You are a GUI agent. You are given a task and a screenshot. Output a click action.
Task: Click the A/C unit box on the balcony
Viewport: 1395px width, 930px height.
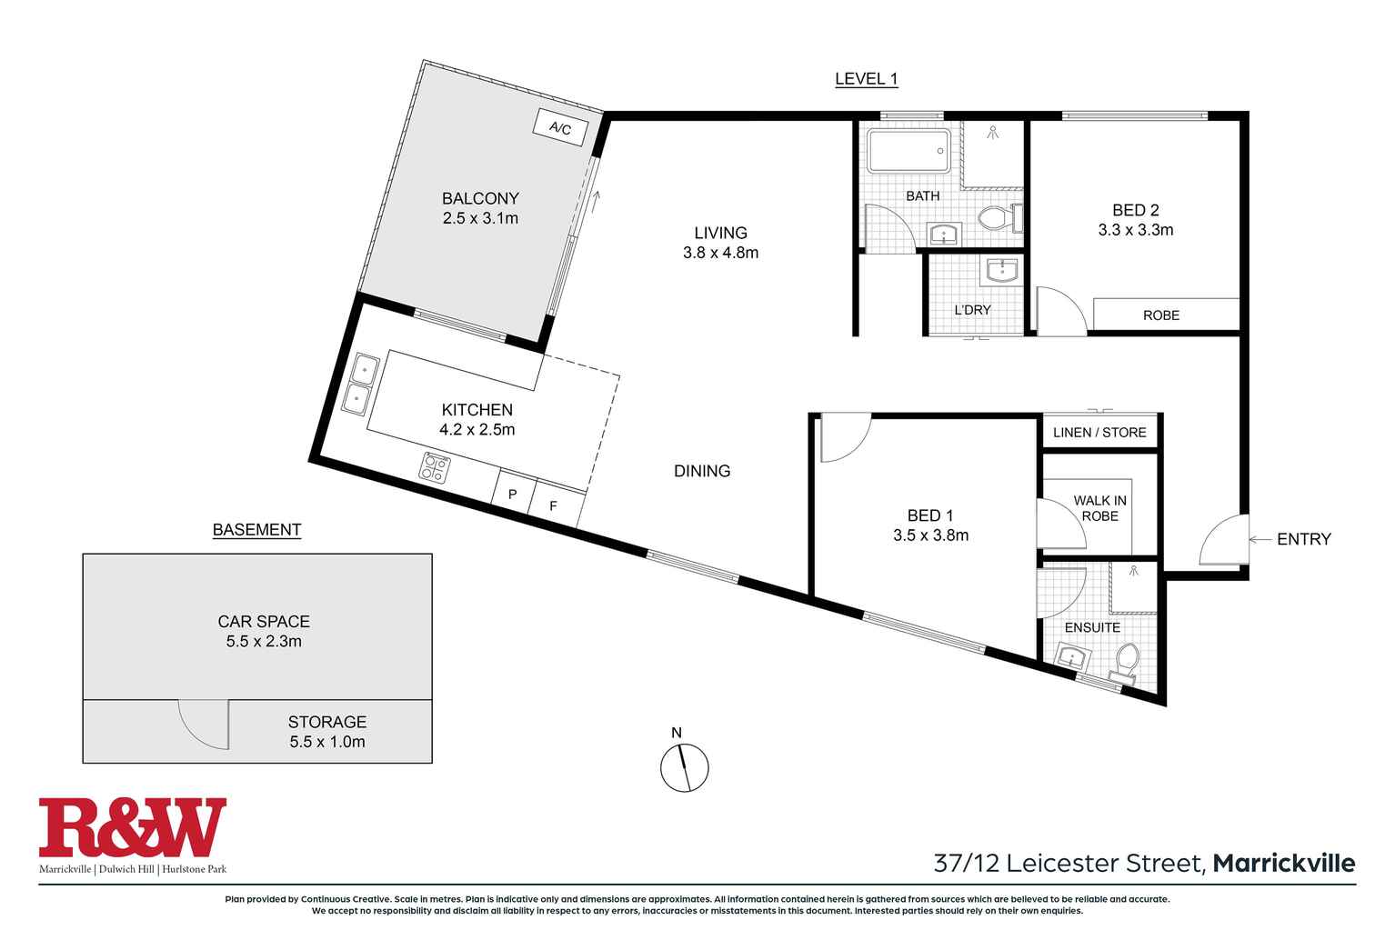(x=559, y=128)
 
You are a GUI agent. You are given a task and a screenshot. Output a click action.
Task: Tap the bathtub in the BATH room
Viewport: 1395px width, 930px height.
(x=908, y=151)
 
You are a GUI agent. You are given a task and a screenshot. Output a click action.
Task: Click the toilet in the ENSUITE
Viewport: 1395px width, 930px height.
(x=1128, y=660)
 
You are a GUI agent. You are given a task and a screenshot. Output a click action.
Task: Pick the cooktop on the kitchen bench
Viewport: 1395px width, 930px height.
(x=435, y=467)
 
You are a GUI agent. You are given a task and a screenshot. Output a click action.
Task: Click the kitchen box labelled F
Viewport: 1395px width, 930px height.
(x=553, y=505)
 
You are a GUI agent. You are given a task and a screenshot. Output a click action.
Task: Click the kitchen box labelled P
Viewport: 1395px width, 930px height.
(x=513, y=495)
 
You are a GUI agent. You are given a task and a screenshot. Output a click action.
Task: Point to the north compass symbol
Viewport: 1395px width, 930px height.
(x=684, y=766)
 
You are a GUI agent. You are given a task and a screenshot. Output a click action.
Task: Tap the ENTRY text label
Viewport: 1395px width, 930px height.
(x=1303, y=539)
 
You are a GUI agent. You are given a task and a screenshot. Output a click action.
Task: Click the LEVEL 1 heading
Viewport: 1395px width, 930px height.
(x=866, y=79)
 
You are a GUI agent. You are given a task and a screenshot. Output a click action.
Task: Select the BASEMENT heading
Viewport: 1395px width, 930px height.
(x=256, y=530)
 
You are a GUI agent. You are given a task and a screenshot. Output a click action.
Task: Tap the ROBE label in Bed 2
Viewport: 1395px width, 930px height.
(x=1160, y=315)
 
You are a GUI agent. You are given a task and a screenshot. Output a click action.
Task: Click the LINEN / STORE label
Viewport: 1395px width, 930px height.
(x=1099, y=433)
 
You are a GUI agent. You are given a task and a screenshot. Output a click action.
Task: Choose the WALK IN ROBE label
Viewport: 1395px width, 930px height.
(x=1099, y=508)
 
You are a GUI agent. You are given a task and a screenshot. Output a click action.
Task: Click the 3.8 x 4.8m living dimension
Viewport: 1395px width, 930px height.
(x=720, y=254)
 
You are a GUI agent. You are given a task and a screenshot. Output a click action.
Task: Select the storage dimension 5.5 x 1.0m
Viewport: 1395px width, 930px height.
(x=327, y=742)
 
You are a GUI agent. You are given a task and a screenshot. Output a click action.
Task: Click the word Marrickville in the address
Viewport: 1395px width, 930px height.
(x=1284, y=863)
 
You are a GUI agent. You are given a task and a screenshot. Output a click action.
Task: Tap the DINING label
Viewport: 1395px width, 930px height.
(x=702, y=471)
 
